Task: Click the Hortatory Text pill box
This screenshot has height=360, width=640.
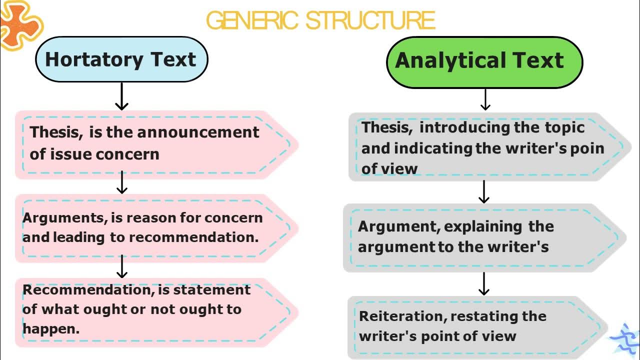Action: click(121, 59)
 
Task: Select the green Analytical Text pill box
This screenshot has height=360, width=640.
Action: click(484, 61)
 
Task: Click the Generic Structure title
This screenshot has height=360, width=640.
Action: click(320, 20)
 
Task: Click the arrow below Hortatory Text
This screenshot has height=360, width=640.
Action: click(122, 97)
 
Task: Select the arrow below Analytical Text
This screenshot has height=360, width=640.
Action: click(484, 100)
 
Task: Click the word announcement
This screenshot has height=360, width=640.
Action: click(198, 132)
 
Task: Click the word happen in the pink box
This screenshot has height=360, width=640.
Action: click(49, 328)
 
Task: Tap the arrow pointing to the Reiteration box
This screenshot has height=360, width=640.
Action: click(483, 284)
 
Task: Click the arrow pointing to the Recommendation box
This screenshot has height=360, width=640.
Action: click(122, 267)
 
